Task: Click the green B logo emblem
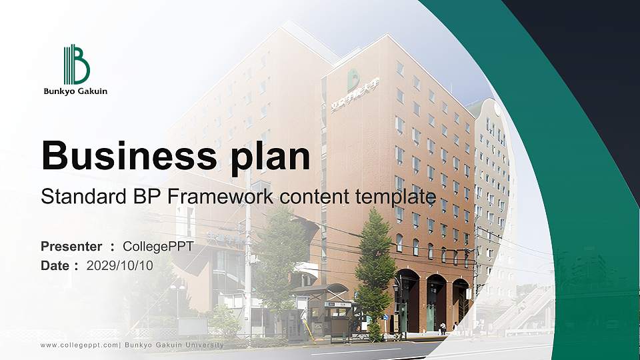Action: (x=76, y=65)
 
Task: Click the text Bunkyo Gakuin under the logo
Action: (x=75, y=91)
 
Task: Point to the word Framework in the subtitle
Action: (x=219, y=197)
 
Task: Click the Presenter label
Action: (x=71, y=247)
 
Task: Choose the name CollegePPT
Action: (x=159, y=247)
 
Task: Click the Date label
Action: (x=56, y=265)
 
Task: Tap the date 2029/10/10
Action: (x=120, y=265)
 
